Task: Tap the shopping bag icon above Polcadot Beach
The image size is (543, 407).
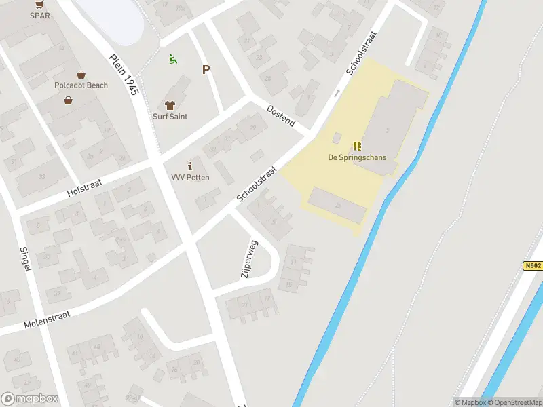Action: coord(81,75)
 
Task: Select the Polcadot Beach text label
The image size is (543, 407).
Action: coord(81,85)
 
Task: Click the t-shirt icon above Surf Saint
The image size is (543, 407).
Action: coord(170,105)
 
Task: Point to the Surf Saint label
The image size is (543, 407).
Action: coord(170,117)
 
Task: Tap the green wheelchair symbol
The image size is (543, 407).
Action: coord(173,60)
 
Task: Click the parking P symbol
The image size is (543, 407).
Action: coord(206,69)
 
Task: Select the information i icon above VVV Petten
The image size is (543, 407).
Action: coord(190,166)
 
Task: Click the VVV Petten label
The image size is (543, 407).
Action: coord(190,178)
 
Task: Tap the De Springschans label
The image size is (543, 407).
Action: coord(357,157)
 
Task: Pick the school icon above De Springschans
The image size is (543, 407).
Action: coord(357,146)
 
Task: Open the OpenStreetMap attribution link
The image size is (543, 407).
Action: coord(516,402)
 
